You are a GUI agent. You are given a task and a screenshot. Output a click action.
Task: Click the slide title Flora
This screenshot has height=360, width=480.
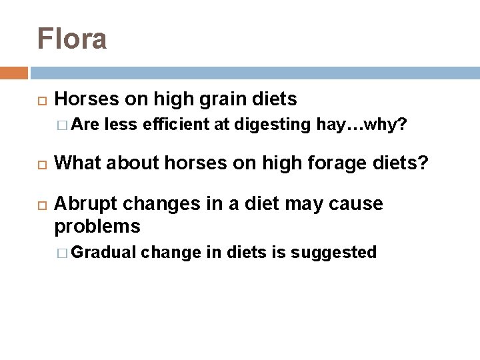72,39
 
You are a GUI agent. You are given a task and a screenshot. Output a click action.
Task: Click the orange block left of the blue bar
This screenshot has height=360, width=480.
13,73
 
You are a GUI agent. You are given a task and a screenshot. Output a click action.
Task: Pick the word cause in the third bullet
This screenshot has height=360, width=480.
358,204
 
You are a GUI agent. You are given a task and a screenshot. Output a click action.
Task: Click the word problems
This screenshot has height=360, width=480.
97,227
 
